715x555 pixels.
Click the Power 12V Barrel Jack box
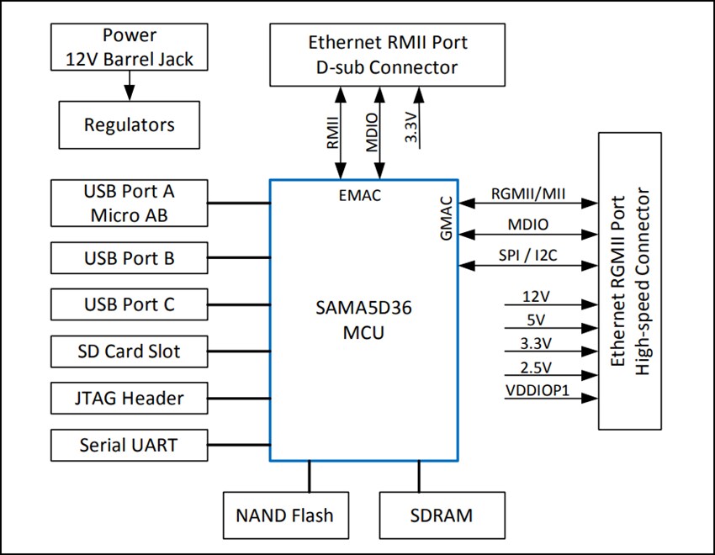130,47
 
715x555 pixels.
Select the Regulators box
130,125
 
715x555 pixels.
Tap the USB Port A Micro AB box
130,203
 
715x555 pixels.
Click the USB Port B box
130,258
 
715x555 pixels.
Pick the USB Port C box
130,304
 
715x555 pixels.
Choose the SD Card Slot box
130,351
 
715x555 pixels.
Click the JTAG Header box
130,398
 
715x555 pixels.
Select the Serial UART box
130,444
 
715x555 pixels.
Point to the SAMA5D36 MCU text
363,320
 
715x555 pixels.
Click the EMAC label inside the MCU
360,196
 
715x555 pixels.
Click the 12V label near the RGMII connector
537,297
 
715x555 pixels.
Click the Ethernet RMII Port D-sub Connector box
387,55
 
